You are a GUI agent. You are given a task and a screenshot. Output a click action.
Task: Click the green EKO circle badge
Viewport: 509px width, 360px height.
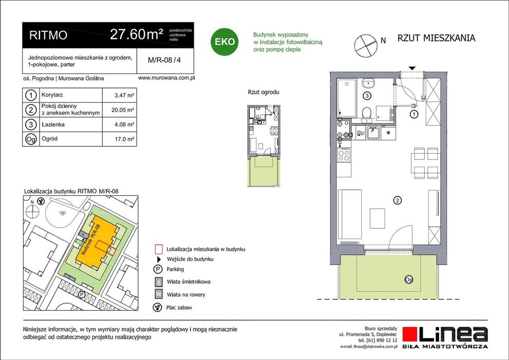tap(225, 41)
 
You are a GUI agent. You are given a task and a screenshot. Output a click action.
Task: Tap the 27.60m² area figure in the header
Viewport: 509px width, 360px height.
tap(136, 34)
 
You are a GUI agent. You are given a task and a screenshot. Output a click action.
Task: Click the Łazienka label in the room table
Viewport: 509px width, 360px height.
tap(53, 124)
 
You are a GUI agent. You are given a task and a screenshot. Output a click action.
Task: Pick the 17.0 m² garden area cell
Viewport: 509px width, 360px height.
tap(124, 139)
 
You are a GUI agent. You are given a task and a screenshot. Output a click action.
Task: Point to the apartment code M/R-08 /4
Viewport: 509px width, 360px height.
tap(164, 60)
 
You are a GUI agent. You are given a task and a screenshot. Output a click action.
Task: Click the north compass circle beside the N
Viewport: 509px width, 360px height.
tap(366, 46)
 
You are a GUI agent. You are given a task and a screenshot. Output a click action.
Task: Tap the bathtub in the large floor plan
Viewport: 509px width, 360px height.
tap(347, 97)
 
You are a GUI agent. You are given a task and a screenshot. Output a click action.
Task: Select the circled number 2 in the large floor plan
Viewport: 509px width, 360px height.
tap(397, 200)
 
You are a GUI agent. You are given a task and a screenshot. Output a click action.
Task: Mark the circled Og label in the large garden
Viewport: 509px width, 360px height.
tap(409, 279)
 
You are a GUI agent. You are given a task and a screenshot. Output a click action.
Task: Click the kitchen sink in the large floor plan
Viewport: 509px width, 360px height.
tap(374, 133)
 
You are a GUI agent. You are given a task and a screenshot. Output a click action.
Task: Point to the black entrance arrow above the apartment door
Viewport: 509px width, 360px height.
tap(412, 68)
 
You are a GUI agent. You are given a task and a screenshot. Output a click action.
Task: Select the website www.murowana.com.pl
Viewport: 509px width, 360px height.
tap(166, 78)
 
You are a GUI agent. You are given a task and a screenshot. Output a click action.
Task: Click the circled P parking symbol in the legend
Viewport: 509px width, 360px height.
tap(157, 269)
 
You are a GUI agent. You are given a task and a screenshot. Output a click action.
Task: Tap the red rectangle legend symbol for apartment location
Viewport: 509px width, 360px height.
tap(158, 249)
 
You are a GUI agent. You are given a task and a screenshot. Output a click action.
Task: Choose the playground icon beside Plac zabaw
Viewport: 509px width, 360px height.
tap(157, 307)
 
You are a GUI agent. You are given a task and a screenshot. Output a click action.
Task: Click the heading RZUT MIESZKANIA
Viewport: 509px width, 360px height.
tap(437, 38)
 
